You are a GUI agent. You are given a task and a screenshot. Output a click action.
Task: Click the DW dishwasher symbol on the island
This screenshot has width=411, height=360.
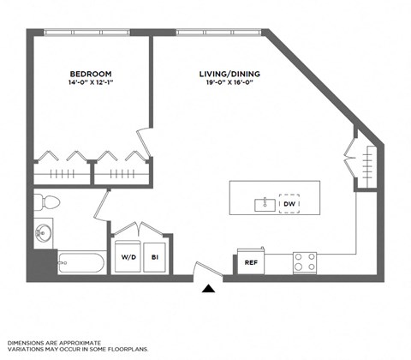[289, 203]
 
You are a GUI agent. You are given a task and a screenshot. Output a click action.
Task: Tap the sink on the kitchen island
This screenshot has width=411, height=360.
[265, 204]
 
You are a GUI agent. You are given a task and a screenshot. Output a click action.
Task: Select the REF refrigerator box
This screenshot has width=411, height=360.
[252, 262]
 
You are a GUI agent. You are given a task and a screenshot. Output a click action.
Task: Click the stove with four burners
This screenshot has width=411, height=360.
[305, 261]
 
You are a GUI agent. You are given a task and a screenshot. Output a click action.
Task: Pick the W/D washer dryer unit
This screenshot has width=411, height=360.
[128, 256]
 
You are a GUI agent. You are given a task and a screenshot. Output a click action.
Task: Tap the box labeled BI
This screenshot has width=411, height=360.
[156, 256]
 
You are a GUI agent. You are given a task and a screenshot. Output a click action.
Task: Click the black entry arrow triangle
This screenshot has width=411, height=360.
[207, 290]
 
